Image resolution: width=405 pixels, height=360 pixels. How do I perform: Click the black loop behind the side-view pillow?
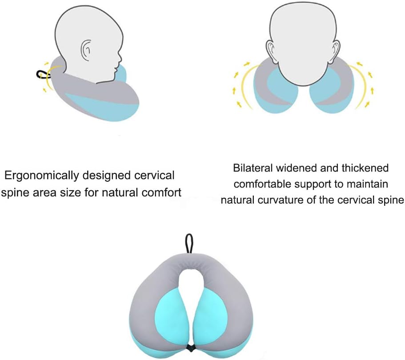coord(41,75)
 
